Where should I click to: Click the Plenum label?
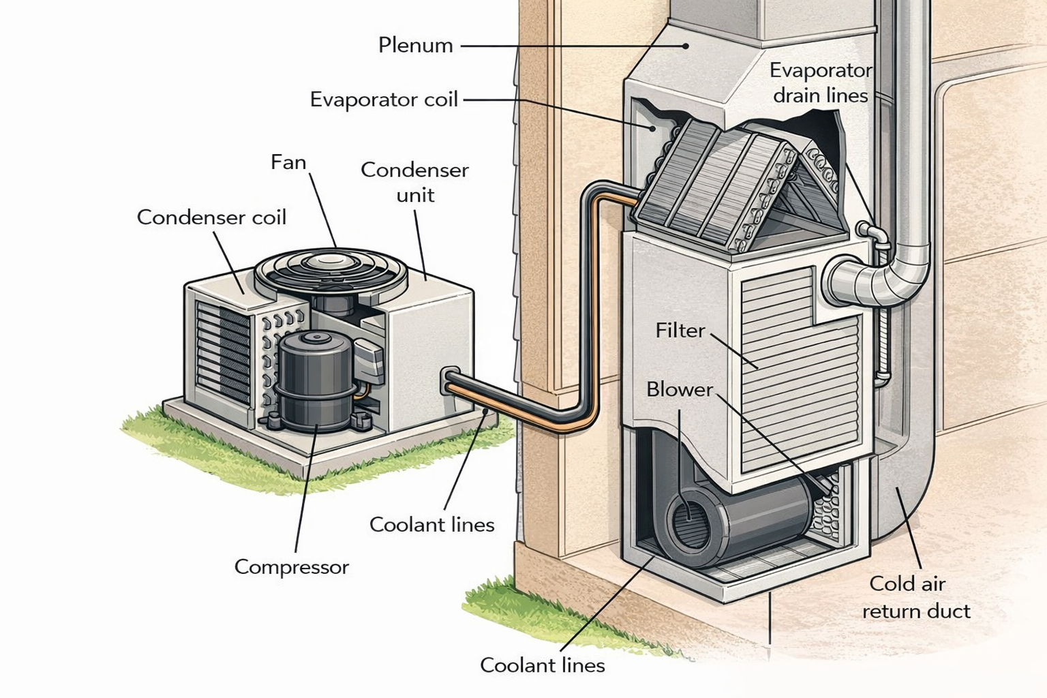[x=415, y=46]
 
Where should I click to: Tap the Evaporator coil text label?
[x=384, y=100]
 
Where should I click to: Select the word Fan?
[x=288, y=162]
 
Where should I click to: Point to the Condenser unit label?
[x=414, y=182]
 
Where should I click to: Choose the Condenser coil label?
[x=211, y=217]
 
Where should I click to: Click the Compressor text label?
[x=291, y=567]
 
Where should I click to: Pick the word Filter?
[x=680, y=331]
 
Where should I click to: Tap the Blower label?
[x=679, y=390]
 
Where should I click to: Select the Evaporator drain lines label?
[x=820, y=82]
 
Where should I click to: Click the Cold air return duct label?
[x=915, y=597]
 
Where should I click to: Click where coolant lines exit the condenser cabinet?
[x=450, y=382]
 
